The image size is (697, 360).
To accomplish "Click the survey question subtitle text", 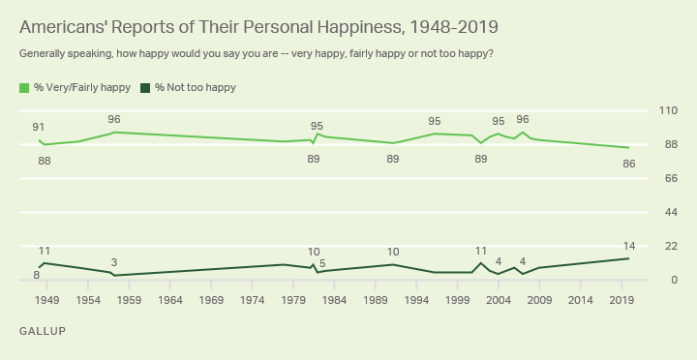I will [256, 52].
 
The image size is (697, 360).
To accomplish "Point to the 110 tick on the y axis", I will [667, 110].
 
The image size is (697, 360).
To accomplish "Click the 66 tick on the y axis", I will [667, 178].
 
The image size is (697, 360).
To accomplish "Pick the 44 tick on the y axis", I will [667, 212].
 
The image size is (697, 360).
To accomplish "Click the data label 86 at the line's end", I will [629, 164].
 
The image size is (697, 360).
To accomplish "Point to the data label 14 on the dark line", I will [629, 245].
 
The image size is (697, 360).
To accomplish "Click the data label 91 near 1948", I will [39, 127].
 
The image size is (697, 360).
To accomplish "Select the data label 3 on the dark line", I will [114, 262].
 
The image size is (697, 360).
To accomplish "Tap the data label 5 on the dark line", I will [322, 262].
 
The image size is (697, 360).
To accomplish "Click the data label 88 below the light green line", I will [45, 160].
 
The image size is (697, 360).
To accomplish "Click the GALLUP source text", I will [42, 331].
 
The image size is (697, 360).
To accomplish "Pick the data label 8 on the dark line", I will [36, 276].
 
